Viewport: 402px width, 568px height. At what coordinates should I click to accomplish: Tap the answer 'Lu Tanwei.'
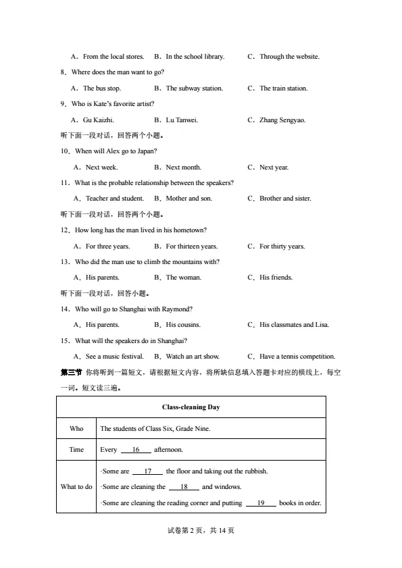182,120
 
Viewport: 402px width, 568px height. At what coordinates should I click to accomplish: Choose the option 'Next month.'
183,167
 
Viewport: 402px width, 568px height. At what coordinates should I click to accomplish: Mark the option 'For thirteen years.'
191,247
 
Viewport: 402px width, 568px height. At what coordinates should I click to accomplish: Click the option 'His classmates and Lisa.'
294,325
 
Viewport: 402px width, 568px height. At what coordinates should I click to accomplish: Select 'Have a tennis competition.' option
297,357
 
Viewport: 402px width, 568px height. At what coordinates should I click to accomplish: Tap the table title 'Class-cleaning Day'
191,407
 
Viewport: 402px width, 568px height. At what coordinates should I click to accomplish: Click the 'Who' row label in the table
76,429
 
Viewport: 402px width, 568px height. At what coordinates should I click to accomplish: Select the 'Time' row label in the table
76,450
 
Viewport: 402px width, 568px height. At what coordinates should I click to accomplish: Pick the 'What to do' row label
76,487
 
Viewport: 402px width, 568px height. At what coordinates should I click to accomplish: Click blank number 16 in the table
136,450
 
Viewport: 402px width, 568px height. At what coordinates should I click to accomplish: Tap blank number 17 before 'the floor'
147,471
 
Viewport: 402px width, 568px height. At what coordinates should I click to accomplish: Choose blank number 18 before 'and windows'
183,487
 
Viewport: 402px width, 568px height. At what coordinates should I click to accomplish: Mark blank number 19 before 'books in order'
261,503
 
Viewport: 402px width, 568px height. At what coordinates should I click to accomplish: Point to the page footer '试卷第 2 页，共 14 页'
201,531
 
